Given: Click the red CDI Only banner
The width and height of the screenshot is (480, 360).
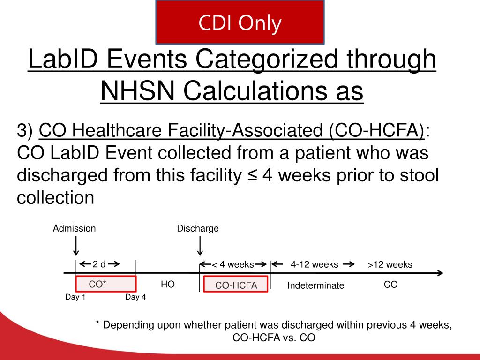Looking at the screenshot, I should pyautogui.click(x=240, y=22).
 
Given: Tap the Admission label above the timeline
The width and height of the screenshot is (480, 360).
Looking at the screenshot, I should pyautogui.click(x=74, y=229).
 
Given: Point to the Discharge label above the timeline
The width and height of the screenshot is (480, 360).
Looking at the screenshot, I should pyautogui.click(x=198, y=229).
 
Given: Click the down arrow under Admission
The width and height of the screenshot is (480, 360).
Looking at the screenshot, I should pyautogui.click(x=76, y=245).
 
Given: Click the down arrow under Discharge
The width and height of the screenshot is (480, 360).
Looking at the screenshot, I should pyautogui.click(x=200, y=245).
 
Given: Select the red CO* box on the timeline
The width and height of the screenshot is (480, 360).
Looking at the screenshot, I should pyautogui.click(x=106, y=284).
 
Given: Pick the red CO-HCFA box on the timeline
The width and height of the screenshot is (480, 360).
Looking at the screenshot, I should pyautogui.click(x=236, y=285).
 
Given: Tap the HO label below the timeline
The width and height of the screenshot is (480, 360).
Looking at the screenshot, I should pyautogui.click(x=168, y=284).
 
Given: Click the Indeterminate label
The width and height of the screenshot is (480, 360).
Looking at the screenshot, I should pyautogui.click(x=315, y=285).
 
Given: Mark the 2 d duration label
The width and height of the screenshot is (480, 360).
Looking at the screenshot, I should pyautogui.click(x=99, y=264).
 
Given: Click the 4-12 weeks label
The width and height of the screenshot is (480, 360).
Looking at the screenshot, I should pyautogui.click(x=314, y=264).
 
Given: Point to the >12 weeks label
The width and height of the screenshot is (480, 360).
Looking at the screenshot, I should pyautogui.click(x=390, y=265).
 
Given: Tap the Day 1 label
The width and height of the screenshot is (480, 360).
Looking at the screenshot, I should pyautogui.click(x=75, y=297).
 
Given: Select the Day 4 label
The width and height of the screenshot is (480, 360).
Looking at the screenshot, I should pyautogui.click(x=135, y=297).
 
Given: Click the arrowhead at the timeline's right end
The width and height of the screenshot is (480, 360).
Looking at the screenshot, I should pyautogui.click(x=440, y=273).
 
